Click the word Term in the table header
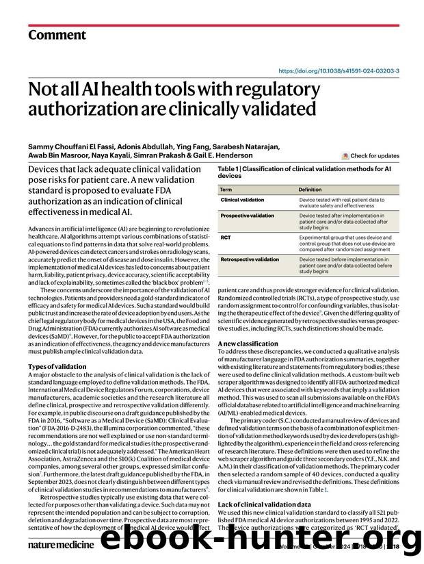coord(226,189)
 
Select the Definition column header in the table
coord(310,189)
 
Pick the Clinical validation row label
coord(242,200)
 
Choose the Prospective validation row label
coord(246,216)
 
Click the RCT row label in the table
coord(226,237)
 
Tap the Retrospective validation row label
coord(249,259)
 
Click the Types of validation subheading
coord(57,366)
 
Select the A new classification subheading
coord(248,343)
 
